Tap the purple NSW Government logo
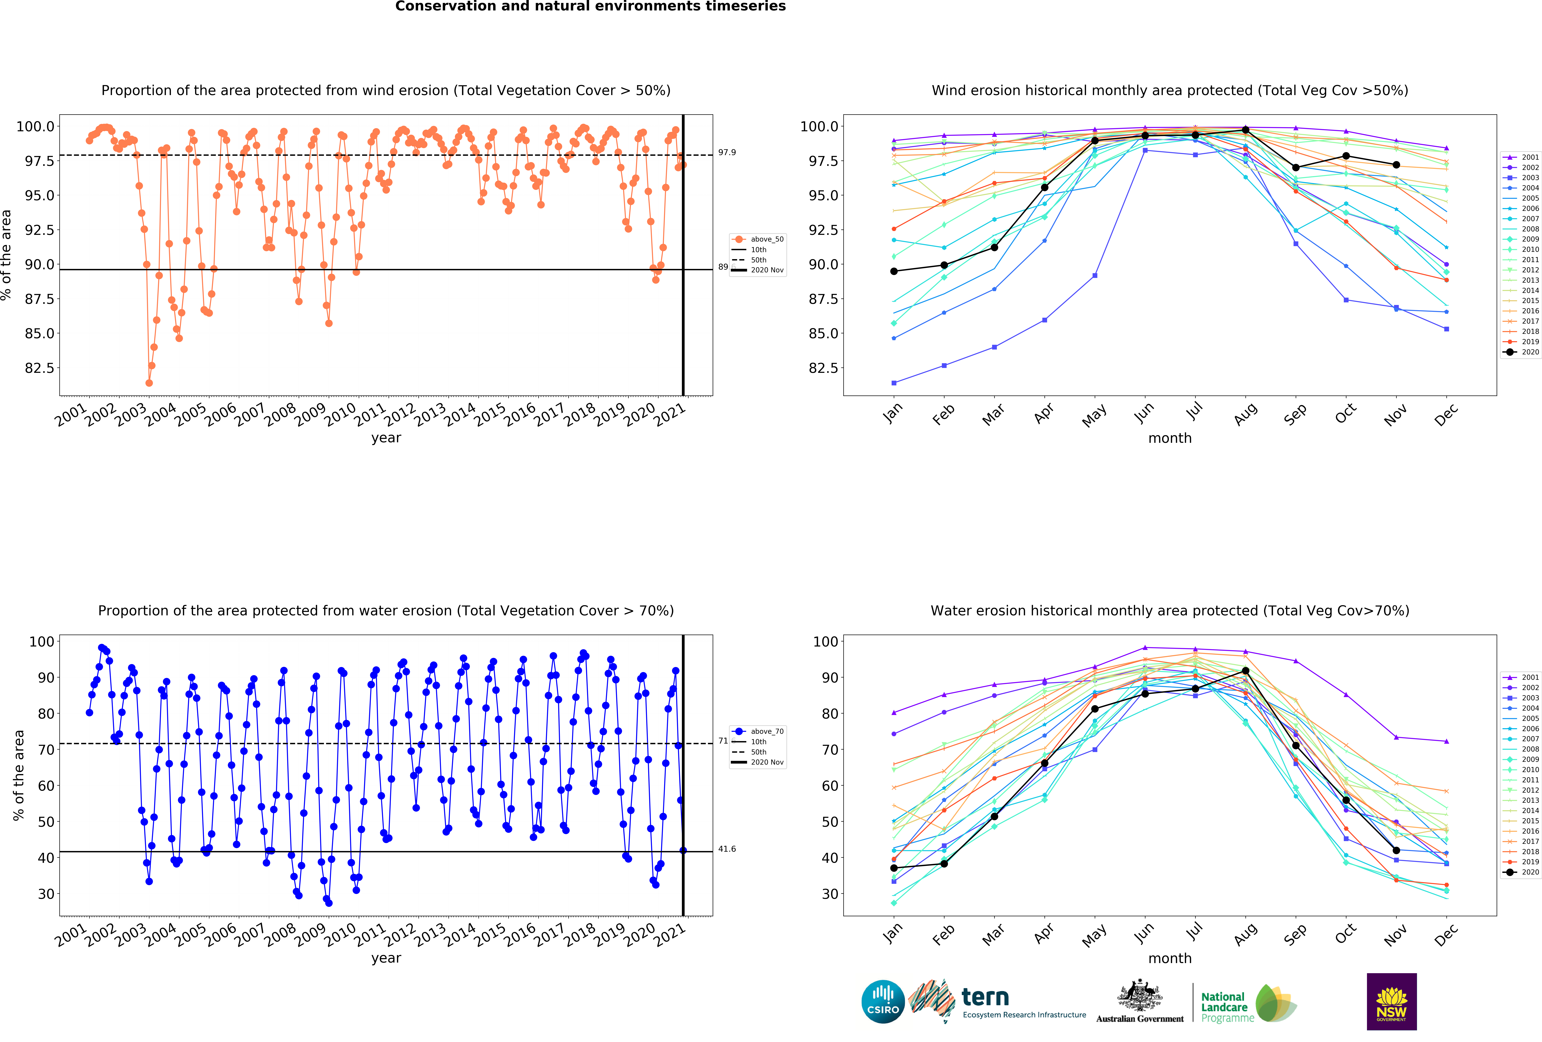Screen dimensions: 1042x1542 click(1391, 1002)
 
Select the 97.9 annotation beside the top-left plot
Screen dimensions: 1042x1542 click(727, 152)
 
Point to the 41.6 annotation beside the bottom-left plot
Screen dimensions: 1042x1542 click(727, 849)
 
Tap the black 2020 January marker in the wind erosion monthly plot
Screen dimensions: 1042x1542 click(894, 271)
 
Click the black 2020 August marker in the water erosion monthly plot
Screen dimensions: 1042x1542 click(1245, 671)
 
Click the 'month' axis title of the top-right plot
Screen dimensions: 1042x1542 click(1170, 438)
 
